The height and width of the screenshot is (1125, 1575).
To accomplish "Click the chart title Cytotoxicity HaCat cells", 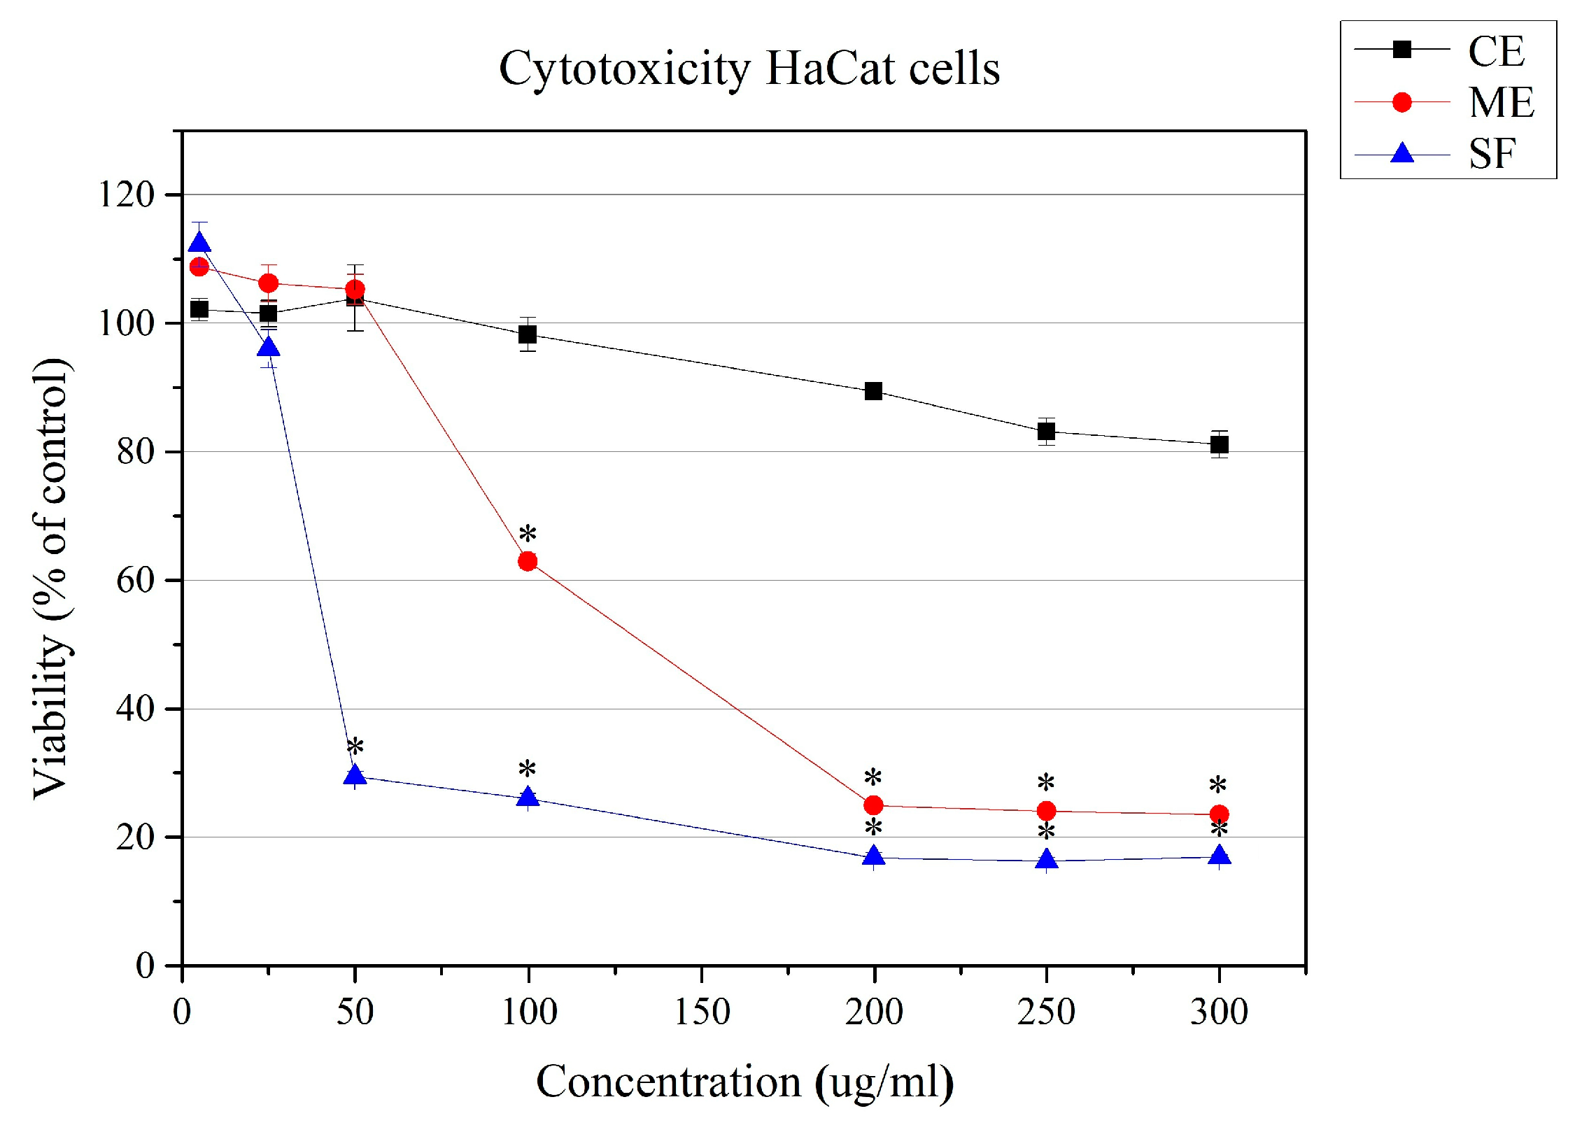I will click(x=749, y=69).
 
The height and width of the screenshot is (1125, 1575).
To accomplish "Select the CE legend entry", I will click(x=1495, y=51).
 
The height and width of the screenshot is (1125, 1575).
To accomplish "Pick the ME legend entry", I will click(x=1501, y=103).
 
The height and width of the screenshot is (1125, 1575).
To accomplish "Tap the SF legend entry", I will click(x=1491, y=154).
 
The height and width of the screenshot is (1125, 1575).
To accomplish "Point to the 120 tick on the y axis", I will click(x=127, y=194).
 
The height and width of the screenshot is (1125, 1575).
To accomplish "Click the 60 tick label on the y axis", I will click(x=135, y=581).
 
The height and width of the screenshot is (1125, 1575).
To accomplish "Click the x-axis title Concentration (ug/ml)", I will click(x=744, y=1082).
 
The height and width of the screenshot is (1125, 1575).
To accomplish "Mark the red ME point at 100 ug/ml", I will click(x=528, y=561).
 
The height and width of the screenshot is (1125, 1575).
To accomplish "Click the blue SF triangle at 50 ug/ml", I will click(x=355, y=775).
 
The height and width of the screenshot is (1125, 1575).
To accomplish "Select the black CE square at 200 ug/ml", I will click(x=873, y=391).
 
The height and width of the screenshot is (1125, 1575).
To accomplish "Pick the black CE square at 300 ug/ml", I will click(x=1219, y=444).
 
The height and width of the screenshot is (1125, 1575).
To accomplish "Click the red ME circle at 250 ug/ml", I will click(x=1046, y=811).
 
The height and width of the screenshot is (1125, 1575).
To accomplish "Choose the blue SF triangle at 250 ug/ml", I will click(x=1046, y=859).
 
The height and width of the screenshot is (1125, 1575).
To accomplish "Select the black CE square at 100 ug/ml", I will click(x=528, y=334).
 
